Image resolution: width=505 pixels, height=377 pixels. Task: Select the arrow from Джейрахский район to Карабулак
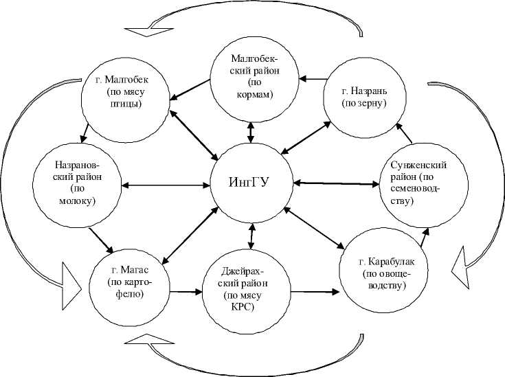pyautogui.click(x=314, y=291)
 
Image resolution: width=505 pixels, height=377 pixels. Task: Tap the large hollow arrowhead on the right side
pyautogui.click(x=460, y=266)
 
